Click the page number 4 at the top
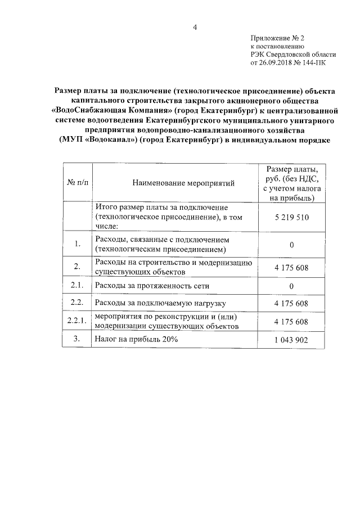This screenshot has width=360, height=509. point(194,28)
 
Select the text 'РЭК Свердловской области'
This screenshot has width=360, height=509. point(292,55)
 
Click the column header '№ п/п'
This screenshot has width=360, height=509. point(78,182)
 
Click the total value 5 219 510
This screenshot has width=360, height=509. point(292,217)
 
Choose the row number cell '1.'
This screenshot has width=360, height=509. point(78,244)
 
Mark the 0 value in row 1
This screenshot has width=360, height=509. point(292,245)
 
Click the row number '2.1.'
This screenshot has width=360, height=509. point(78,286)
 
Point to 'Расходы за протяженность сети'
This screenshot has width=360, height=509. point(146,287)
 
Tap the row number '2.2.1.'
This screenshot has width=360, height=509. point(78,321)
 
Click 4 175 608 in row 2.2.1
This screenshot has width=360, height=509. point(292,321)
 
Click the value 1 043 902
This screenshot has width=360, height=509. point(292,340)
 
